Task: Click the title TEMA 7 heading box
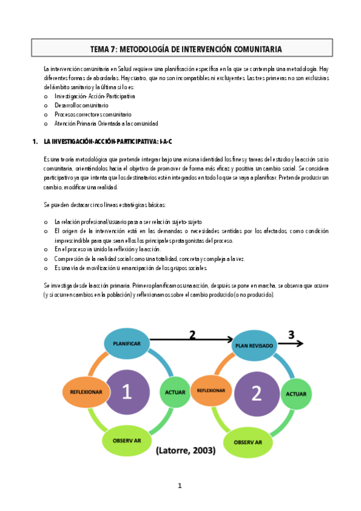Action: (186, 49)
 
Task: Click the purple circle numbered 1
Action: (127, 393)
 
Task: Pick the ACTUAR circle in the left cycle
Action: (175, 393)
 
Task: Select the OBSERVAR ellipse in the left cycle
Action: (127, 441)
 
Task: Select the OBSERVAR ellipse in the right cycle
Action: (248, 443)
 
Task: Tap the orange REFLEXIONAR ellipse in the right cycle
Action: (211, 390)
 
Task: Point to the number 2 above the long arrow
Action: (193, 335)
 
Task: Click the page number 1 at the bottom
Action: (180, 486)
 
